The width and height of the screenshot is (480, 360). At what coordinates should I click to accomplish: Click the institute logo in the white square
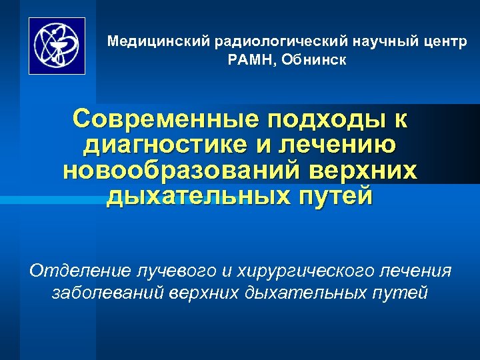point(57,46)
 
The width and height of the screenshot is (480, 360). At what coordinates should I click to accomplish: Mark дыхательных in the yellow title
point(201,196)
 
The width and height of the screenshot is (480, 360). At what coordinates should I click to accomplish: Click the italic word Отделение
point(80,271)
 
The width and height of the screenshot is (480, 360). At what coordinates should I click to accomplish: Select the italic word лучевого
point(175,271)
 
